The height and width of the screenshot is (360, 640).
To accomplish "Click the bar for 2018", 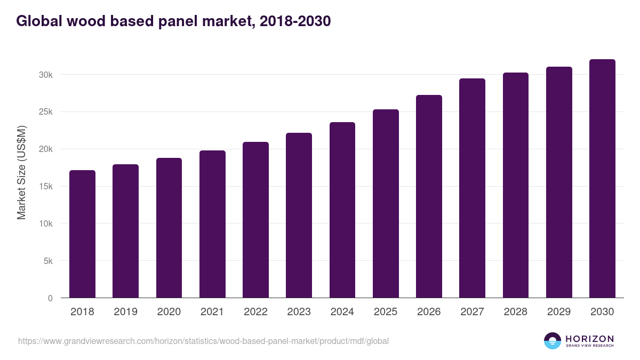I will [x=82, y=234].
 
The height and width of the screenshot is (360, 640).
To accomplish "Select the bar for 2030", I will [x=602, y=179].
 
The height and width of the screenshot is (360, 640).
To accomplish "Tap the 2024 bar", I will [x=342, y=210].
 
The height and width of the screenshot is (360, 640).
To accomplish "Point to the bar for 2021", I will [x=212, y=224].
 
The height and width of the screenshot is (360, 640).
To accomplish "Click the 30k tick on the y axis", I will [x=46, y=75].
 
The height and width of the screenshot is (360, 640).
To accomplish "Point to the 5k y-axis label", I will [x=47, y=261].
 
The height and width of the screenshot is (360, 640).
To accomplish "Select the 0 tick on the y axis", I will [x=50, y=299].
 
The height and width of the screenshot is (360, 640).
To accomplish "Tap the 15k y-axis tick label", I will [x=46, y=187].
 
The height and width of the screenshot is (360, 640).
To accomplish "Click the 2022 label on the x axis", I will [x=255, y=312].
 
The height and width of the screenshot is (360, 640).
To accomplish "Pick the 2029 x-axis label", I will [x=559, y=312].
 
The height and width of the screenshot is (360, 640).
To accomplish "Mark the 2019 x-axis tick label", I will [x=125, y=312].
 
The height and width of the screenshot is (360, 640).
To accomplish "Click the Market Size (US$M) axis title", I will [x=21, y=172].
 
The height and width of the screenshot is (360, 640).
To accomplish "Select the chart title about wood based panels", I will [x=173, y=21].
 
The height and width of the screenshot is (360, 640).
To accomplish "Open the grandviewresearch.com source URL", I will [x=203, y=341].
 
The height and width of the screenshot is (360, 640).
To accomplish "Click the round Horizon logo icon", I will [x=553, y=341].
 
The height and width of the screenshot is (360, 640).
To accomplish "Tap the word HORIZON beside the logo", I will [x=589, y=338].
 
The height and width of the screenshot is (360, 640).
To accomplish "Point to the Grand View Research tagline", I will [x=589, y=346].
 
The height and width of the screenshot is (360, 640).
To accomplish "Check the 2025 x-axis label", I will [x=386, y=312].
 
